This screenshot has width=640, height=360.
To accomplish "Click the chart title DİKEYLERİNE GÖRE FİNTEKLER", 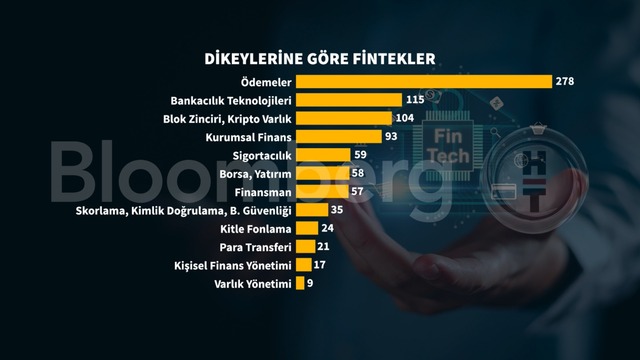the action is point(320,59).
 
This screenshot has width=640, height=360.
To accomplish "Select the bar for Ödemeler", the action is point(424,82).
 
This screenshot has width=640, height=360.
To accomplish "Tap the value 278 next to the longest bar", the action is point(565,81).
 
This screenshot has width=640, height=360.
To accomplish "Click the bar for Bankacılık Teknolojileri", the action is point(349,100).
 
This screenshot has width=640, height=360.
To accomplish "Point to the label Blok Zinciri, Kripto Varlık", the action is point(227,119).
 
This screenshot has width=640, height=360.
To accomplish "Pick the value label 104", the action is point(405,118).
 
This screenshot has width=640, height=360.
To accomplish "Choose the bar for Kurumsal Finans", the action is point(339,137).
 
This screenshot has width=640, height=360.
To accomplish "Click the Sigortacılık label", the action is point(262,156).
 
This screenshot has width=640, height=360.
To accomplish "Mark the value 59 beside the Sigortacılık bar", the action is point(360,155).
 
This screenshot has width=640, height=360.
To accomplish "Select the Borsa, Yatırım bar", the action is point(323,173).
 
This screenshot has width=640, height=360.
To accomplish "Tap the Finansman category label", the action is point(263,192).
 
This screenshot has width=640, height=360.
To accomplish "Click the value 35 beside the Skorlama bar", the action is point(337,210).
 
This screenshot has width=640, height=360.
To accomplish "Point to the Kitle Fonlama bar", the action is point(307,228).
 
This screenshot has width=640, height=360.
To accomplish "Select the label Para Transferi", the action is point(256,247).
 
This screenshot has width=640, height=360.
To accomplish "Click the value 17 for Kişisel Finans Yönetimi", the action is point(320,265).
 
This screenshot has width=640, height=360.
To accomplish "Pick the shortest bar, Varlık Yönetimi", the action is point(300,283).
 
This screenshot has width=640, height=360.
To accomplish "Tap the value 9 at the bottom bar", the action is point(310,283).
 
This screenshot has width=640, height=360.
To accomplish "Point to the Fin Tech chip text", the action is point(448,146).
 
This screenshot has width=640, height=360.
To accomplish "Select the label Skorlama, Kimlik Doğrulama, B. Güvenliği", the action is point(184,211).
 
